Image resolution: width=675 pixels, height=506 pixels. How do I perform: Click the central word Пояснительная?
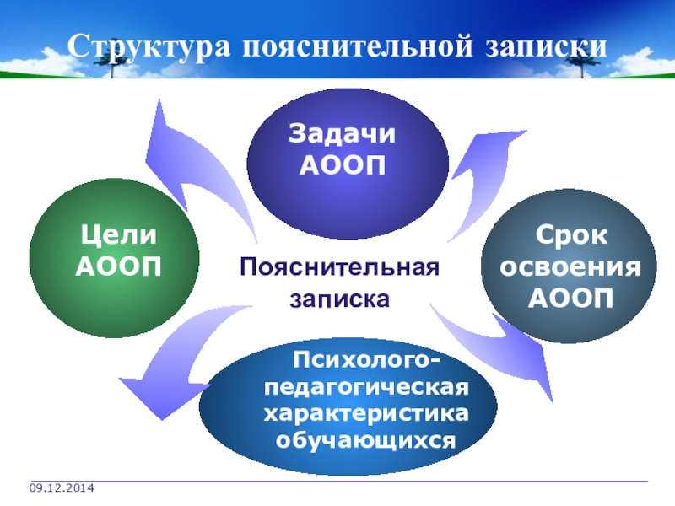point(340,268)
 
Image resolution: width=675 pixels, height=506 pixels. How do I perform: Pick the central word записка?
point(340,299)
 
